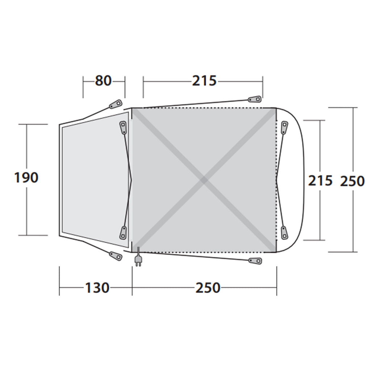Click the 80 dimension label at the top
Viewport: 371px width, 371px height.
click(103, 81)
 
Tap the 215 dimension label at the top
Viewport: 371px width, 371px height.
click(204, 81)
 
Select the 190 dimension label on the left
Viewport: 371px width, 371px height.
click(26, 178)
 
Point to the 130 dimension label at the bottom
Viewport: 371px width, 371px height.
click(97, 288)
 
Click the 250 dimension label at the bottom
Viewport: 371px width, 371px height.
click(208, 288)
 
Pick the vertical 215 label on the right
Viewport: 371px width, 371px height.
click(320, 180)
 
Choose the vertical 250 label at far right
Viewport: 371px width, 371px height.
click(352, 180)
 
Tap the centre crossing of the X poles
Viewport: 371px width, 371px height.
click(204, 180)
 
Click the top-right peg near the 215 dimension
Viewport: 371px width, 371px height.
click(254, 99)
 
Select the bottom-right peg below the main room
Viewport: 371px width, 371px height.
click(255, 260)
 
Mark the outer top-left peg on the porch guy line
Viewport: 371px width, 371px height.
click(116, 104)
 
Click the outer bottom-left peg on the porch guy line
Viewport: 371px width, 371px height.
click(116, 255)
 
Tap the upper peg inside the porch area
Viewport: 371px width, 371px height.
click(123, 128)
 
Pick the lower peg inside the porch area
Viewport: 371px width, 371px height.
click(123, 232)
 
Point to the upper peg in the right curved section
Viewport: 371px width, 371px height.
click(284, 128)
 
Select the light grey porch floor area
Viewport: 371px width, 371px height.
click(94, 178)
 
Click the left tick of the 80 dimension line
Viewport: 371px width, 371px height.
click(83, 87)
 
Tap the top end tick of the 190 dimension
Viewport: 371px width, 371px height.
click(27, 124)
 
